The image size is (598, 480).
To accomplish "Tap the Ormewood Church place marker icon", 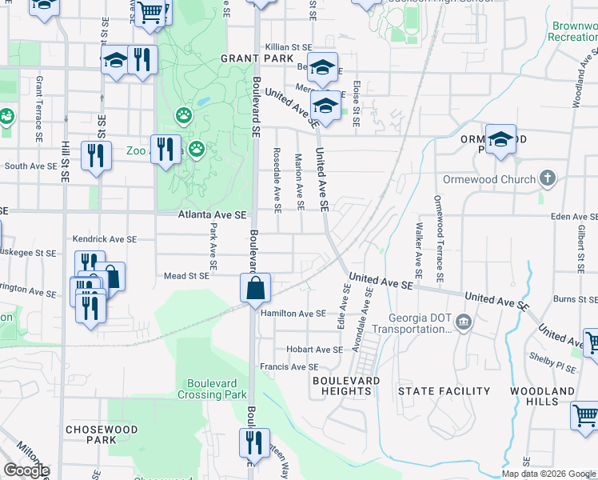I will pos(548,178).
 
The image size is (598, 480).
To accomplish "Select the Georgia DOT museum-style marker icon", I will pos(464,322).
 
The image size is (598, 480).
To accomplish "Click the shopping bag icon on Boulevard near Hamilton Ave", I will pos(256,289).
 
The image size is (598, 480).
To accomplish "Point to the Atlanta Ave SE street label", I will pos(213,215).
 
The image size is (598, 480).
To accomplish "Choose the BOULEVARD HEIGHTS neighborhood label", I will pos(345,386).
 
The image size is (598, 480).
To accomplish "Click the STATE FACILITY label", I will pos(444,391).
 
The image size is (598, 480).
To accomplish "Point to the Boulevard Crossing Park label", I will pos(212,389).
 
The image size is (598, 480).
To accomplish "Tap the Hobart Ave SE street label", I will pos(315,350).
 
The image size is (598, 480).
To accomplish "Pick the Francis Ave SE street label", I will pos(289,367).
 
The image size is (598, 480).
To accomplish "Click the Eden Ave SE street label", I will pos(574,217).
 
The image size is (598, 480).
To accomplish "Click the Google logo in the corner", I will pos(26,470).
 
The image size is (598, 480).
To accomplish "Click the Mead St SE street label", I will pos(185,276).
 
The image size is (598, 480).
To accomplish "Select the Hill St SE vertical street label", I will pos(66,170).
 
